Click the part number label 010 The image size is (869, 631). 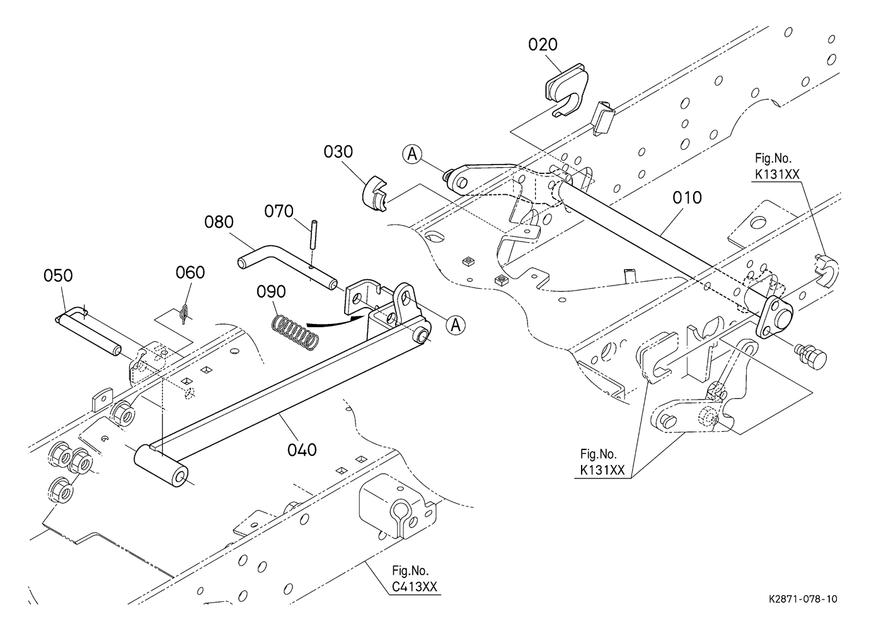[687, 198]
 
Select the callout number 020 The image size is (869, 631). [543, 45]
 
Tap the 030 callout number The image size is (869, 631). [338, 153]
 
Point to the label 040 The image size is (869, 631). [302, 449]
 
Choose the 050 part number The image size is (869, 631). [58, 276]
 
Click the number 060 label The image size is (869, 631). [190, 272]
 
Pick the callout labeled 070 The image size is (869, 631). [279, 211]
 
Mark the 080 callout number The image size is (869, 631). [219, 222]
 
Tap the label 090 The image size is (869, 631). [271, 292]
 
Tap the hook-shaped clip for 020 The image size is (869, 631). [565, 93]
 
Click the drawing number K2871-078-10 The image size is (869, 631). [802, 599]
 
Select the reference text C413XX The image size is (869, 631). [413, 587]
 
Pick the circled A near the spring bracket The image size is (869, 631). [456, 325]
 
